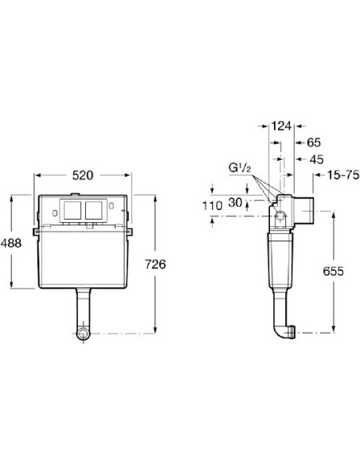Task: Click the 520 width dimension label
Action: pos(83,175)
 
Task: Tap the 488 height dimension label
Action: pos(11,243)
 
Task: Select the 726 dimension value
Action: pos(155,264)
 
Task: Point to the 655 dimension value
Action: pos(333,271)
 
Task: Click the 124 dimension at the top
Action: pos(281,127)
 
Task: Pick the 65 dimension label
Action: pos(314,143)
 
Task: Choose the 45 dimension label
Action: pos(316,159)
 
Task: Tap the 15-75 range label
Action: pos(343,175)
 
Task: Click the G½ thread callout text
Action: pos(240,168)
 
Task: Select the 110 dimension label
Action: pos(212,205)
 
